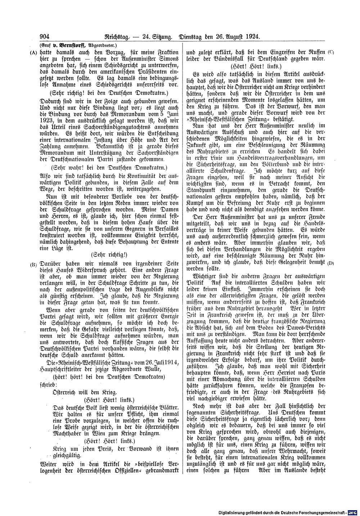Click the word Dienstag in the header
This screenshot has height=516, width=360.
click(x=192, y=36)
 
